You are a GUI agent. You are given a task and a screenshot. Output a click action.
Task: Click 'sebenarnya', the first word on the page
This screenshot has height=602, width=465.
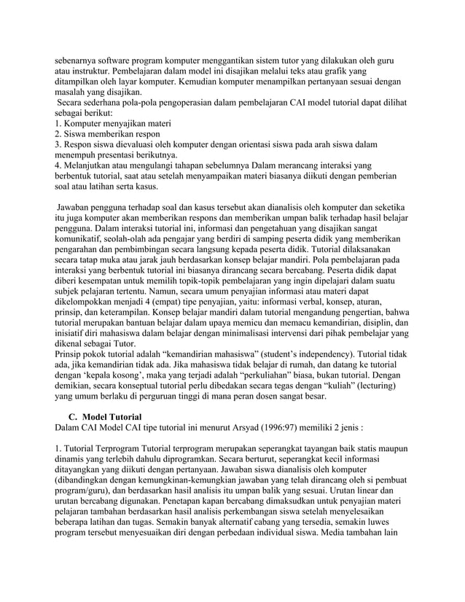point(79,61)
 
